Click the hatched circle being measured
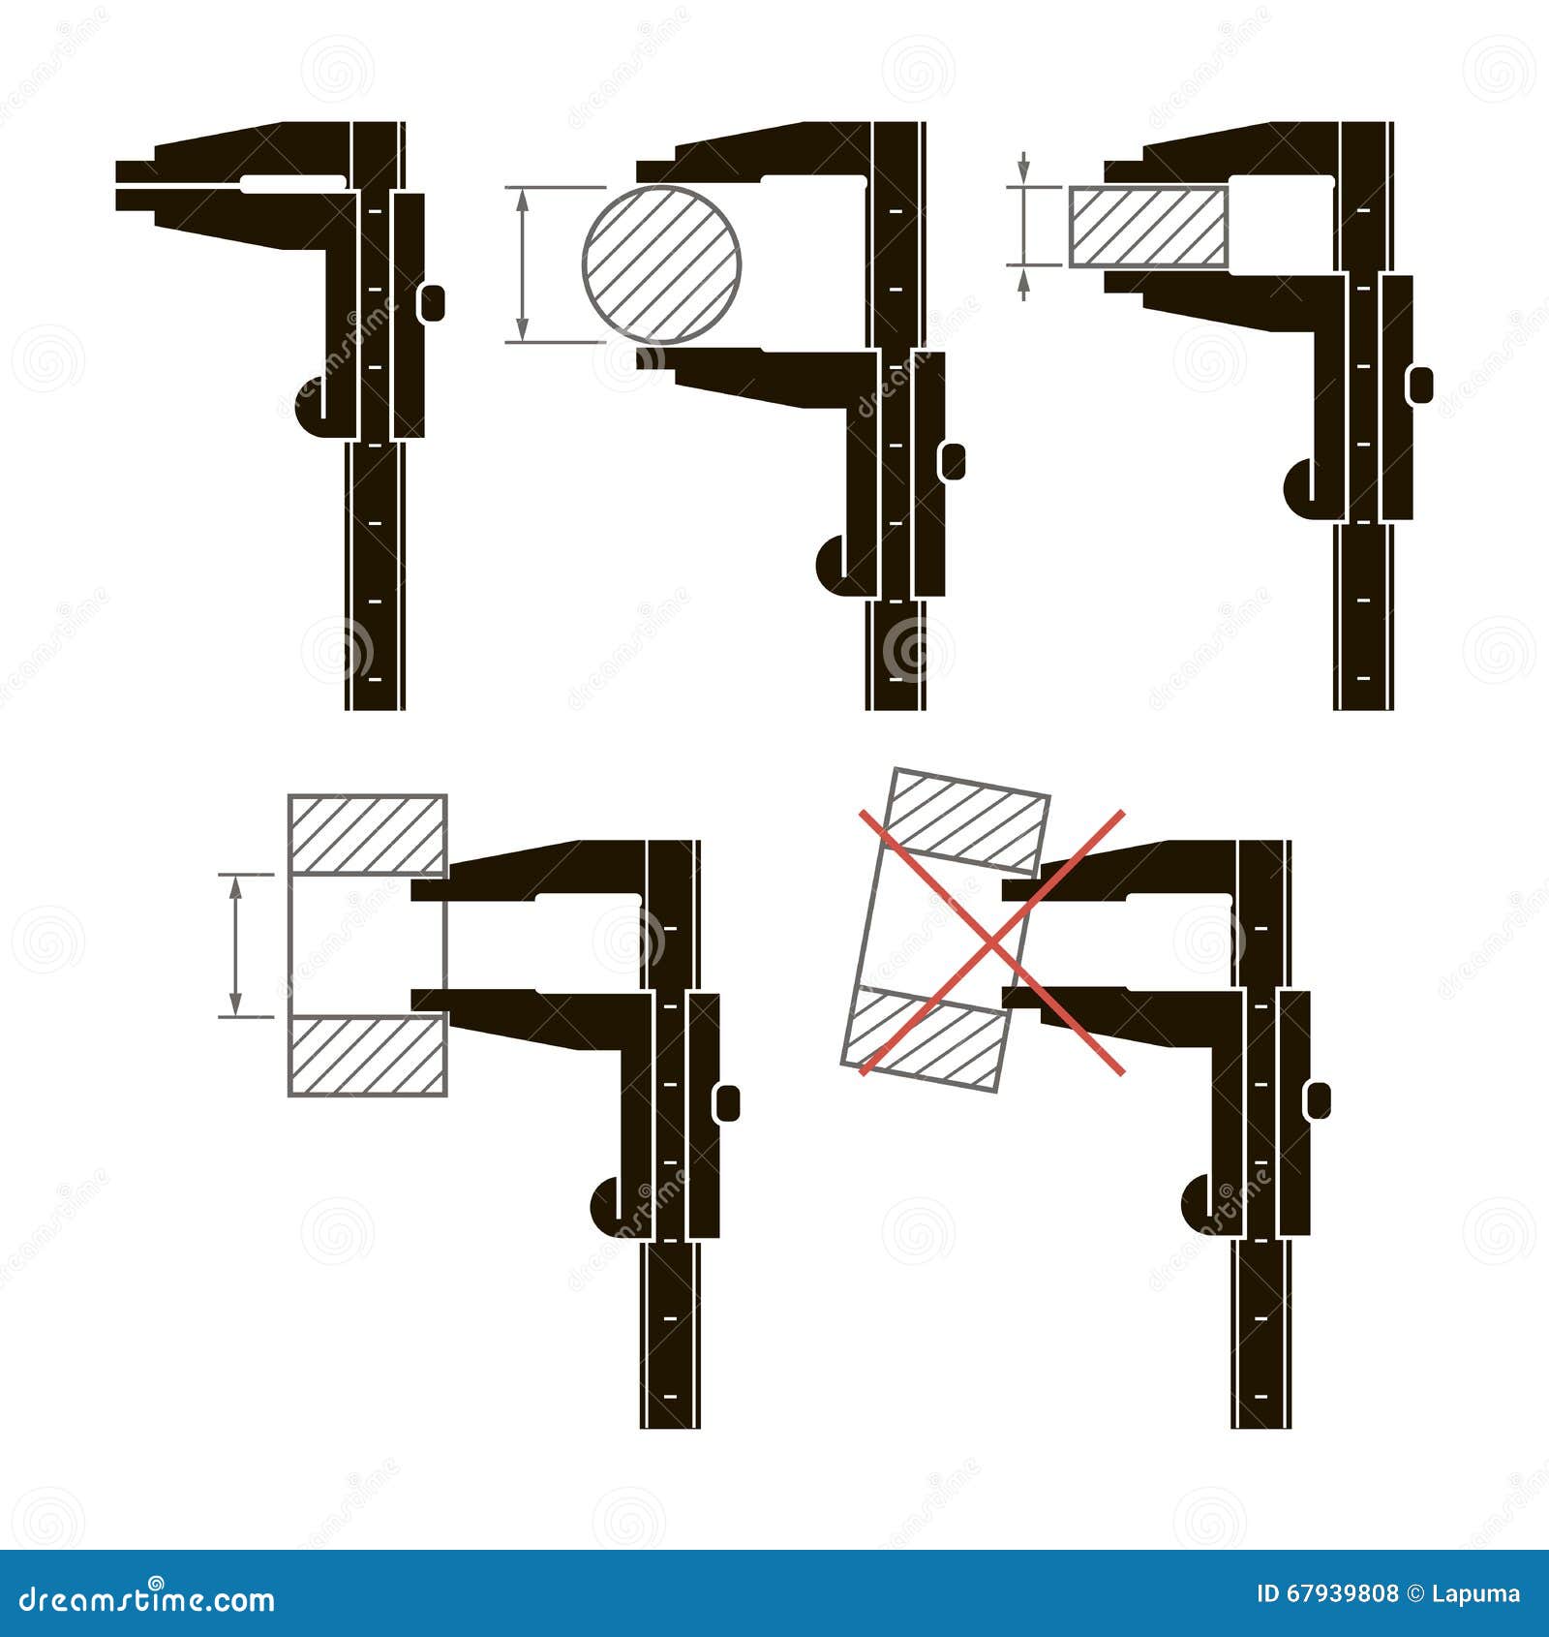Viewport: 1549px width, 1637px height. coord(661,264)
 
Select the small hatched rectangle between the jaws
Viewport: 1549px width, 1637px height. coord(1148,227)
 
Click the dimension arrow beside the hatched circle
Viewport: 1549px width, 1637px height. coord(523,264)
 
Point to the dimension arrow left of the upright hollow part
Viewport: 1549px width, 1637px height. coord(233,944)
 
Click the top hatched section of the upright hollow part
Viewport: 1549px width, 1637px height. coord(368,834)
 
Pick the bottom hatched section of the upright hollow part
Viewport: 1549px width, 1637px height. coord(368,1056)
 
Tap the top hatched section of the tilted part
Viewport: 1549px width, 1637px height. coord(968,818)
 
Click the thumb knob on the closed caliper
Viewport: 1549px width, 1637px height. coord(433,302)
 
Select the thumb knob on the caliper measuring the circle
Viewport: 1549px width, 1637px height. coord(953,461)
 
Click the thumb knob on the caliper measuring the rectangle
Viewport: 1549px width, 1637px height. coord(1421,384)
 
